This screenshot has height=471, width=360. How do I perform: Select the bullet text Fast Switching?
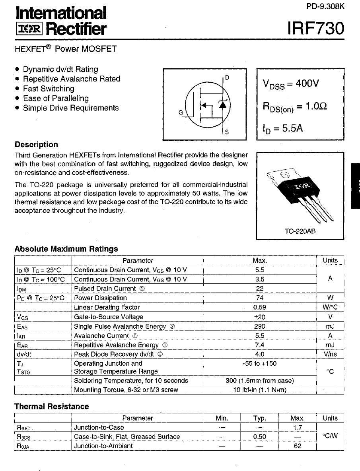point(49,89)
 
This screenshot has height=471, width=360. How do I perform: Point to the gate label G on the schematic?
point(180,113)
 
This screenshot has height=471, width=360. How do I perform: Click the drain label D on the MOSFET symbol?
point(227,78)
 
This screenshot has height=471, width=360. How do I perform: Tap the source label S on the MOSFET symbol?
point(227,132)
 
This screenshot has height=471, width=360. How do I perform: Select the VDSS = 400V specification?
point(291,84)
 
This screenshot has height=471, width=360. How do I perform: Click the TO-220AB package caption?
point(300,231)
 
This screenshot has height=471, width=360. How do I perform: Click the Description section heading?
point(36,145)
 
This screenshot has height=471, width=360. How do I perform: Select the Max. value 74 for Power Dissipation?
point(259,298)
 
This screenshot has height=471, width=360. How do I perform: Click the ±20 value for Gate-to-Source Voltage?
point(259,317)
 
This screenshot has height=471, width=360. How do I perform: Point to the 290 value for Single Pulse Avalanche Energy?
point(259,326)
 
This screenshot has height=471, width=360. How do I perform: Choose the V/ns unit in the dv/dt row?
point(330,354)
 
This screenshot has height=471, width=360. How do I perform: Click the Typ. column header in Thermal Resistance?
point(259,418)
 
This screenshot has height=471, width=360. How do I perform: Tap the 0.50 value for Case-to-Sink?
point(259,436)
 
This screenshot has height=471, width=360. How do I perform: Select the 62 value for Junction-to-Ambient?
point(297,446)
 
